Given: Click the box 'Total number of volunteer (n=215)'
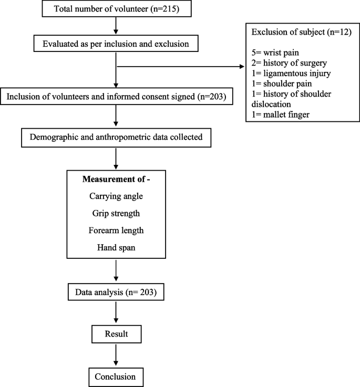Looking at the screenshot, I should click(115, 10).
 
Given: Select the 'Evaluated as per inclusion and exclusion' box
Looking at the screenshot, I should click(115, 44).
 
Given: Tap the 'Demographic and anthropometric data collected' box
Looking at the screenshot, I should click(115, 139).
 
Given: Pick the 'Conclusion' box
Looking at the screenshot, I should click(115, 376).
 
